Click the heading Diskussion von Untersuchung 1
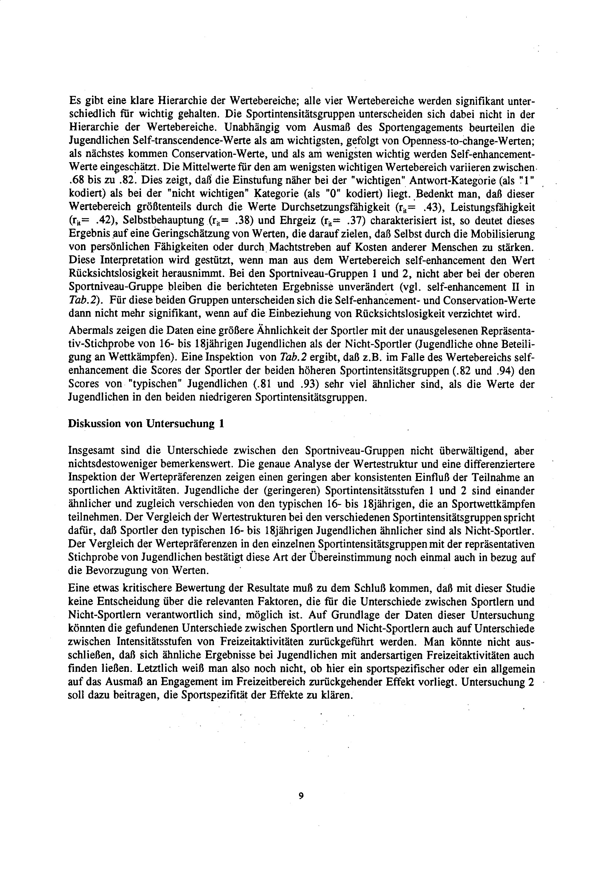coord(145,424)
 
